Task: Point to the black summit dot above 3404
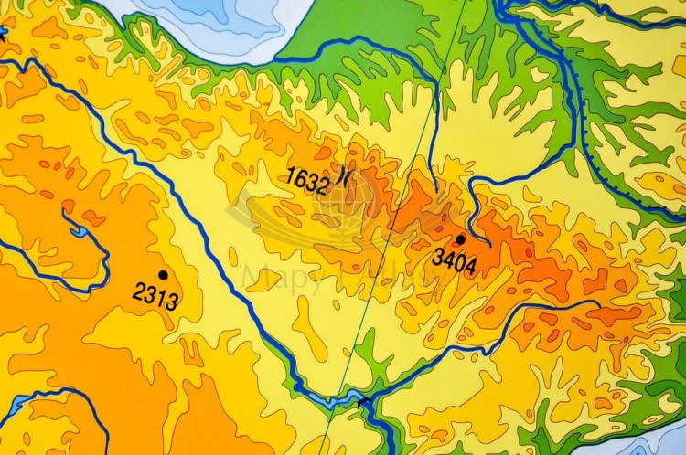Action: [x=461, y=239]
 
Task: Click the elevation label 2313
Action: [x=155, y=295]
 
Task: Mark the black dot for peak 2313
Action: [x=163, y=274]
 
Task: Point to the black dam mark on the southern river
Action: [x=364, y=399]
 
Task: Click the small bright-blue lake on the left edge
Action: [x=3, y=34]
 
